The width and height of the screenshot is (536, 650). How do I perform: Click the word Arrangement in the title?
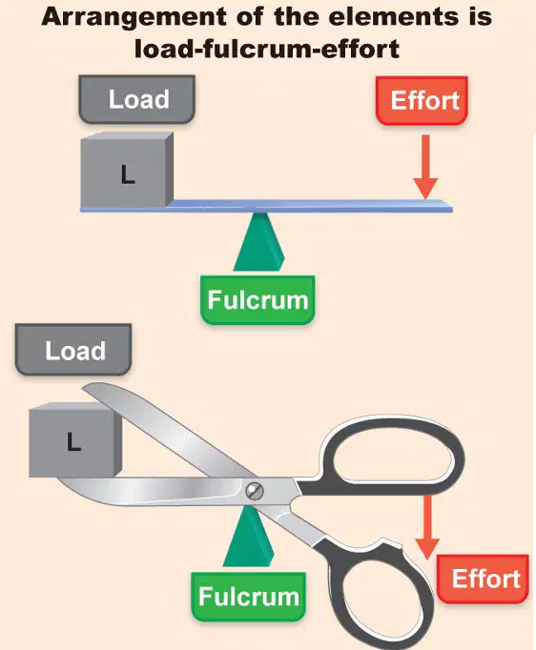134,18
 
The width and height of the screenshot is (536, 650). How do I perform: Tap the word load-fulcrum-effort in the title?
267,49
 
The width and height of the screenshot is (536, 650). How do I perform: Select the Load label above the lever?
137,99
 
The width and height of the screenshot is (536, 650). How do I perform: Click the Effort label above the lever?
422,101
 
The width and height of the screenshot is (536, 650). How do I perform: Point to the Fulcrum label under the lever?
258,300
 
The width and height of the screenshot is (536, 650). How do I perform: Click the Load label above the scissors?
73,351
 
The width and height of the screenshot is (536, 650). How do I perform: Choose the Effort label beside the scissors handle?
483,579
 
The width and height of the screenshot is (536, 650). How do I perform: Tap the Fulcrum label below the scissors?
249,597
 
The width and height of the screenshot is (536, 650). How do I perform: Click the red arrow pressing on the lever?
425,167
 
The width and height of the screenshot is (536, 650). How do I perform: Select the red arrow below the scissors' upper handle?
427,527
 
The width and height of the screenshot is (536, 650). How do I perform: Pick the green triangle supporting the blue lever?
258,242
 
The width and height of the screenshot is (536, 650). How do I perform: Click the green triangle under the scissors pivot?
249,537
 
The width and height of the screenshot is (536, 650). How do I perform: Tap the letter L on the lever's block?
128,174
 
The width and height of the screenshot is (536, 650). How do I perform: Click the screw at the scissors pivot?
255,491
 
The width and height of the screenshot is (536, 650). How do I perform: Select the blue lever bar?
266,206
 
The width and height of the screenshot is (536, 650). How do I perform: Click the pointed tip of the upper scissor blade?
83,388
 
